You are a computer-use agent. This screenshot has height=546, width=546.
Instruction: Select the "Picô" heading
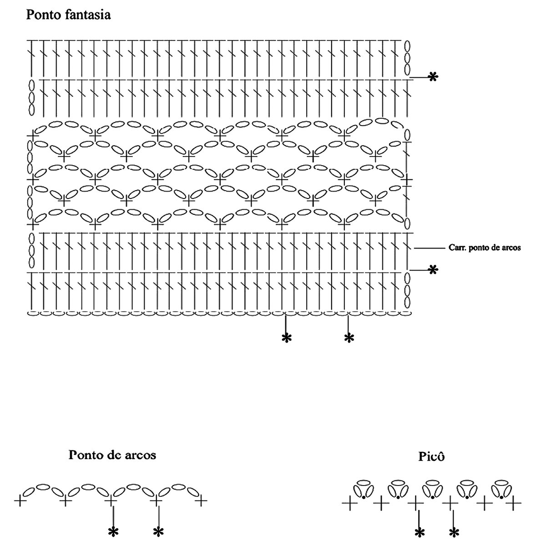click(431, 456)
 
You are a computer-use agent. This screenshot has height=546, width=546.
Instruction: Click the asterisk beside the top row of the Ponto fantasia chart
click(433, 77)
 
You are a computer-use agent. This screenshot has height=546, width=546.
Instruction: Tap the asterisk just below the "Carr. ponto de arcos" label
click(433, 270)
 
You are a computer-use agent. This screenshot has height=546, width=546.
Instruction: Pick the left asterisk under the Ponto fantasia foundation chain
click(286, 338)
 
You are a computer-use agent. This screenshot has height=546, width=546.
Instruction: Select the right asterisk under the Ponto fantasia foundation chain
click(349, 338)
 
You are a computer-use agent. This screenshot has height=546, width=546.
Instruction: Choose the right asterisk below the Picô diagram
click(455, 532)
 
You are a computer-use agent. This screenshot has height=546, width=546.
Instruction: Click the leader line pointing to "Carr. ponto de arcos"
click(429, 248)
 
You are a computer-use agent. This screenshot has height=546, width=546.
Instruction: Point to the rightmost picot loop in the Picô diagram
click(502, 489)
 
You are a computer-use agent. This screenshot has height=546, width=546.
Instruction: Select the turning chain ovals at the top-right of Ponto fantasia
click(408, 58)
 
